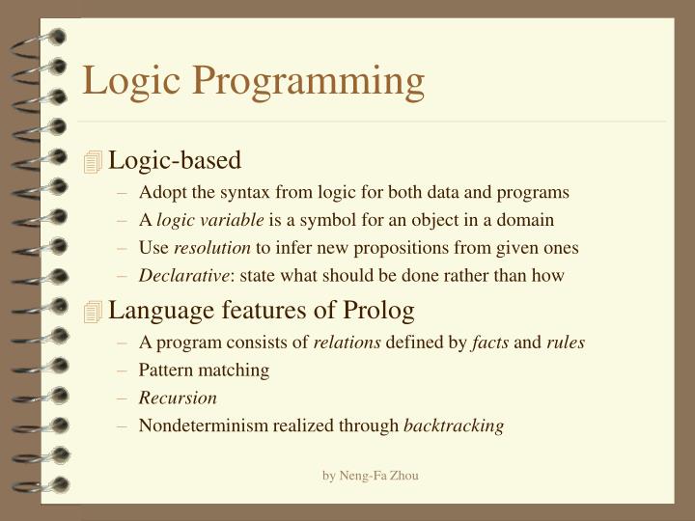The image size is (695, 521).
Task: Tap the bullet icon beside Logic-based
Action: [x=93, y=162]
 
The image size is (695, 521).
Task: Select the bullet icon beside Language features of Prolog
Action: [x=93, y=311]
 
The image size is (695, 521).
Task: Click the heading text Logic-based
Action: [x=175, y=160]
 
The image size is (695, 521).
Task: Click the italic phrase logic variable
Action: [x=209, y=220]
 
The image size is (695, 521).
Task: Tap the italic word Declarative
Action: [x=184, y=276]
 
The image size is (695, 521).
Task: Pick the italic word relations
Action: [x=347, y=342]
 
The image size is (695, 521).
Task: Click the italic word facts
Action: [x=489, y=342]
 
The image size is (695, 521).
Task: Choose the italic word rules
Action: [x=566, y=342]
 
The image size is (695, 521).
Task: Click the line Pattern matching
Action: [x=204, y=370]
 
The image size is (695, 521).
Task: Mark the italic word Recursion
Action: [x=178, y=398]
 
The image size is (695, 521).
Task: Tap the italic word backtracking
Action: [x=454, y=425]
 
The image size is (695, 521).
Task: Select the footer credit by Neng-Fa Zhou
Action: [x=370, y=475]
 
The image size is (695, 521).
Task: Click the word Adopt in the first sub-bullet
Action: [x=159, y=192]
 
